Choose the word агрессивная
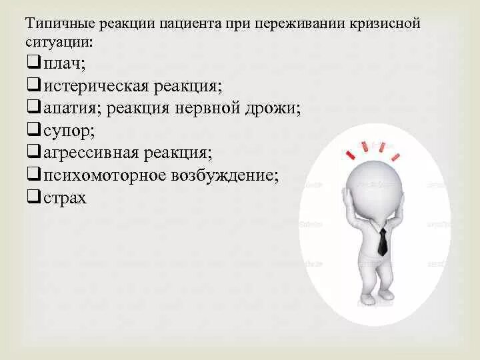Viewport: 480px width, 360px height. click(x=93, y=153)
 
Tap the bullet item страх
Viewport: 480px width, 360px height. click(x=65, y=199)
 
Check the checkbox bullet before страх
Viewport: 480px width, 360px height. click(x=33, y=198)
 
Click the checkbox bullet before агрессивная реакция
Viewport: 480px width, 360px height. click(x=33, y=153)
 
